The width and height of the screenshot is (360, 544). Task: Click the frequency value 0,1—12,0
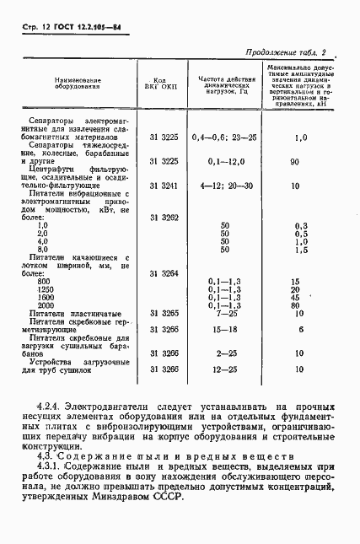click(224, 160)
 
